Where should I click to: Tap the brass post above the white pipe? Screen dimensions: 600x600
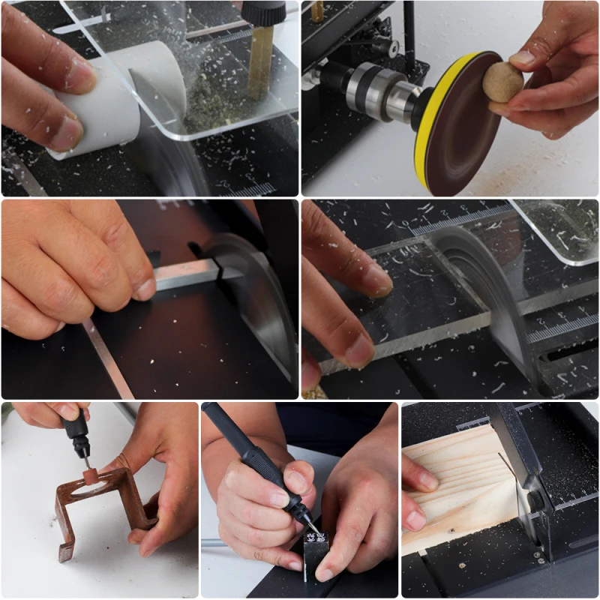[259, 60]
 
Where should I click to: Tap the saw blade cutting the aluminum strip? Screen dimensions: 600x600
[259, 300]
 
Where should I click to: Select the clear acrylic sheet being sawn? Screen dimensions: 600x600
[420, 315]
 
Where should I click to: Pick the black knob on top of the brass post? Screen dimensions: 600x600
[262, 12]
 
